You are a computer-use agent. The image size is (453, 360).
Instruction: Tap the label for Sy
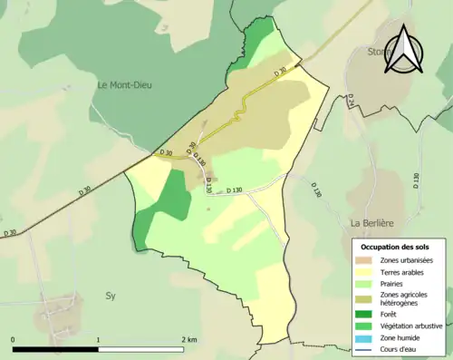pyautogui.click(x=111, y=296)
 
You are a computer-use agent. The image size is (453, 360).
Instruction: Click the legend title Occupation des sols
pyautogui.click(x=395, y=247)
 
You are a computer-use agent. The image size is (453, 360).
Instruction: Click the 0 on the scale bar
pyautogui.click(x=14, y=340)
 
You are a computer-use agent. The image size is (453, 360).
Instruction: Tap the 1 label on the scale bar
pyautogui.click(x=98, y=340)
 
